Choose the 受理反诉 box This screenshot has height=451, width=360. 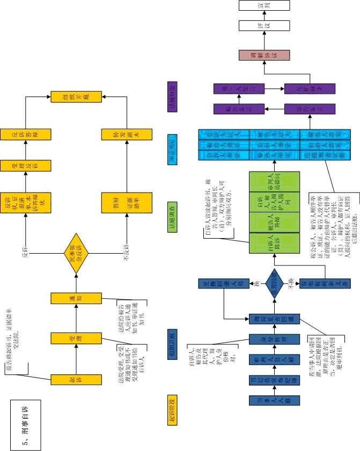coord(26,169)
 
